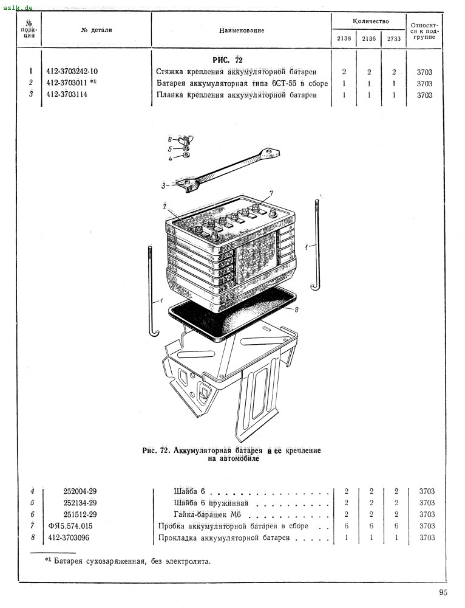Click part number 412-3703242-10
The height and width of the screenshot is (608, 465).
pos(72,72)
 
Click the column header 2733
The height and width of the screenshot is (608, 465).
pos(394,39)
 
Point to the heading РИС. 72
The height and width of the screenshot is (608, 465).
pos(228,60)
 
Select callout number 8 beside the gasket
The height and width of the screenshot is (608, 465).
pos(297,310)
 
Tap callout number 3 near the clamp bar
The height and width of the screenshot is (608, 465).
pos(164,185)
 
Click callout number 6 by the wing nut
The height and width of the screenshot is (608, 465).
pos(171,139)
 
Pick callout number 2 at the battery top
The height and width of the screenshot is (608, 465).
pos(165,206)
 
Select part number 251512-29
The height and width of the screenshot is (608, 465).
pos(80,514)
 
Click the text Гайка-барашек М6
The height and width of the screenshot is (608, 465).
pos(203,514)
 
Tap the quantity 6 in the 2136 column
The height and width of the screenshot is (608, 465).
pos(370,526)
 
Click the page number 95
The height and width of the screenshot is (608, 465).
pos(443,593)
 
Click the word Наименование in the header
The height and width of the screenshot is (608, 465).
pos(242,30)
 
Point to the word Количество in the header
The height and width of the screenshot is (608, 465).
pos(370,21)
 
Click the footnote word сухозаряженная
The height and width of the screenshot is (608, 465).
pos(117,561)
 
